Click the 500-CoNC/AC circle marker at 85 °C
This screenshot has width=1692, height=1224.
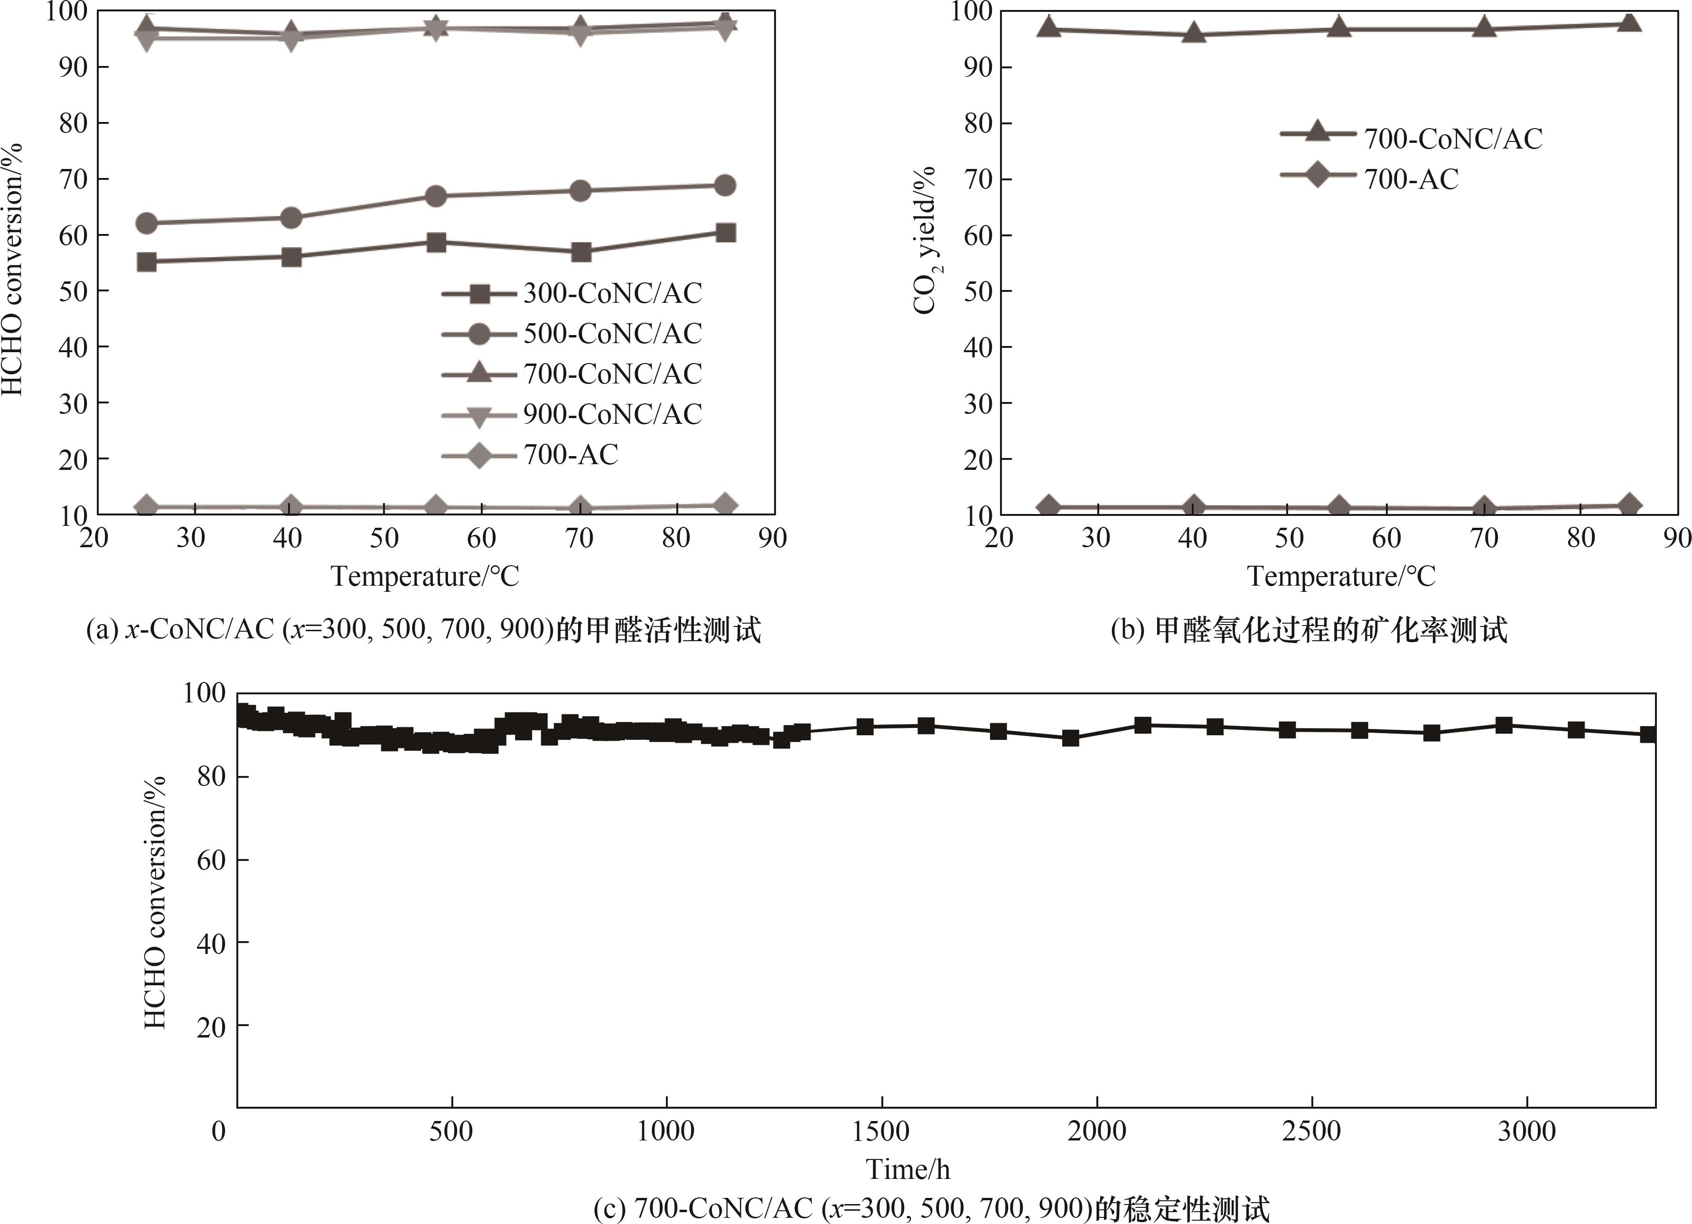click(x=724, y=186)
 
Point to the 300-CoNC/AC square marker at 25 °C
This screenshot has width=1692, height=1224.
click(x=147, y=262)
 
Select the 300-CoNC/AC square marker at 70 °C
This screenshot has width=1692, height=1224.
click(x=580, y=252)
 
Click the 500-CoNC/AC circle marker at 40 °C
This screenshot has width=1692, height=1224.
click(x=291, y=218)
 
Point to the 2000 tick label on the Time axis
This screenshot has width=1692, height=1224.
click(x=1096, y=1131)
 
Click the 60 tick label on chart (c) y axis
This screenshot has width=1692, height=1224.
click(x=210, y=860)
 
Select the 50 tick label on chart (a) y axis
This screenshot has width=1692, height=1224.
click(x=73, y=291)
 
